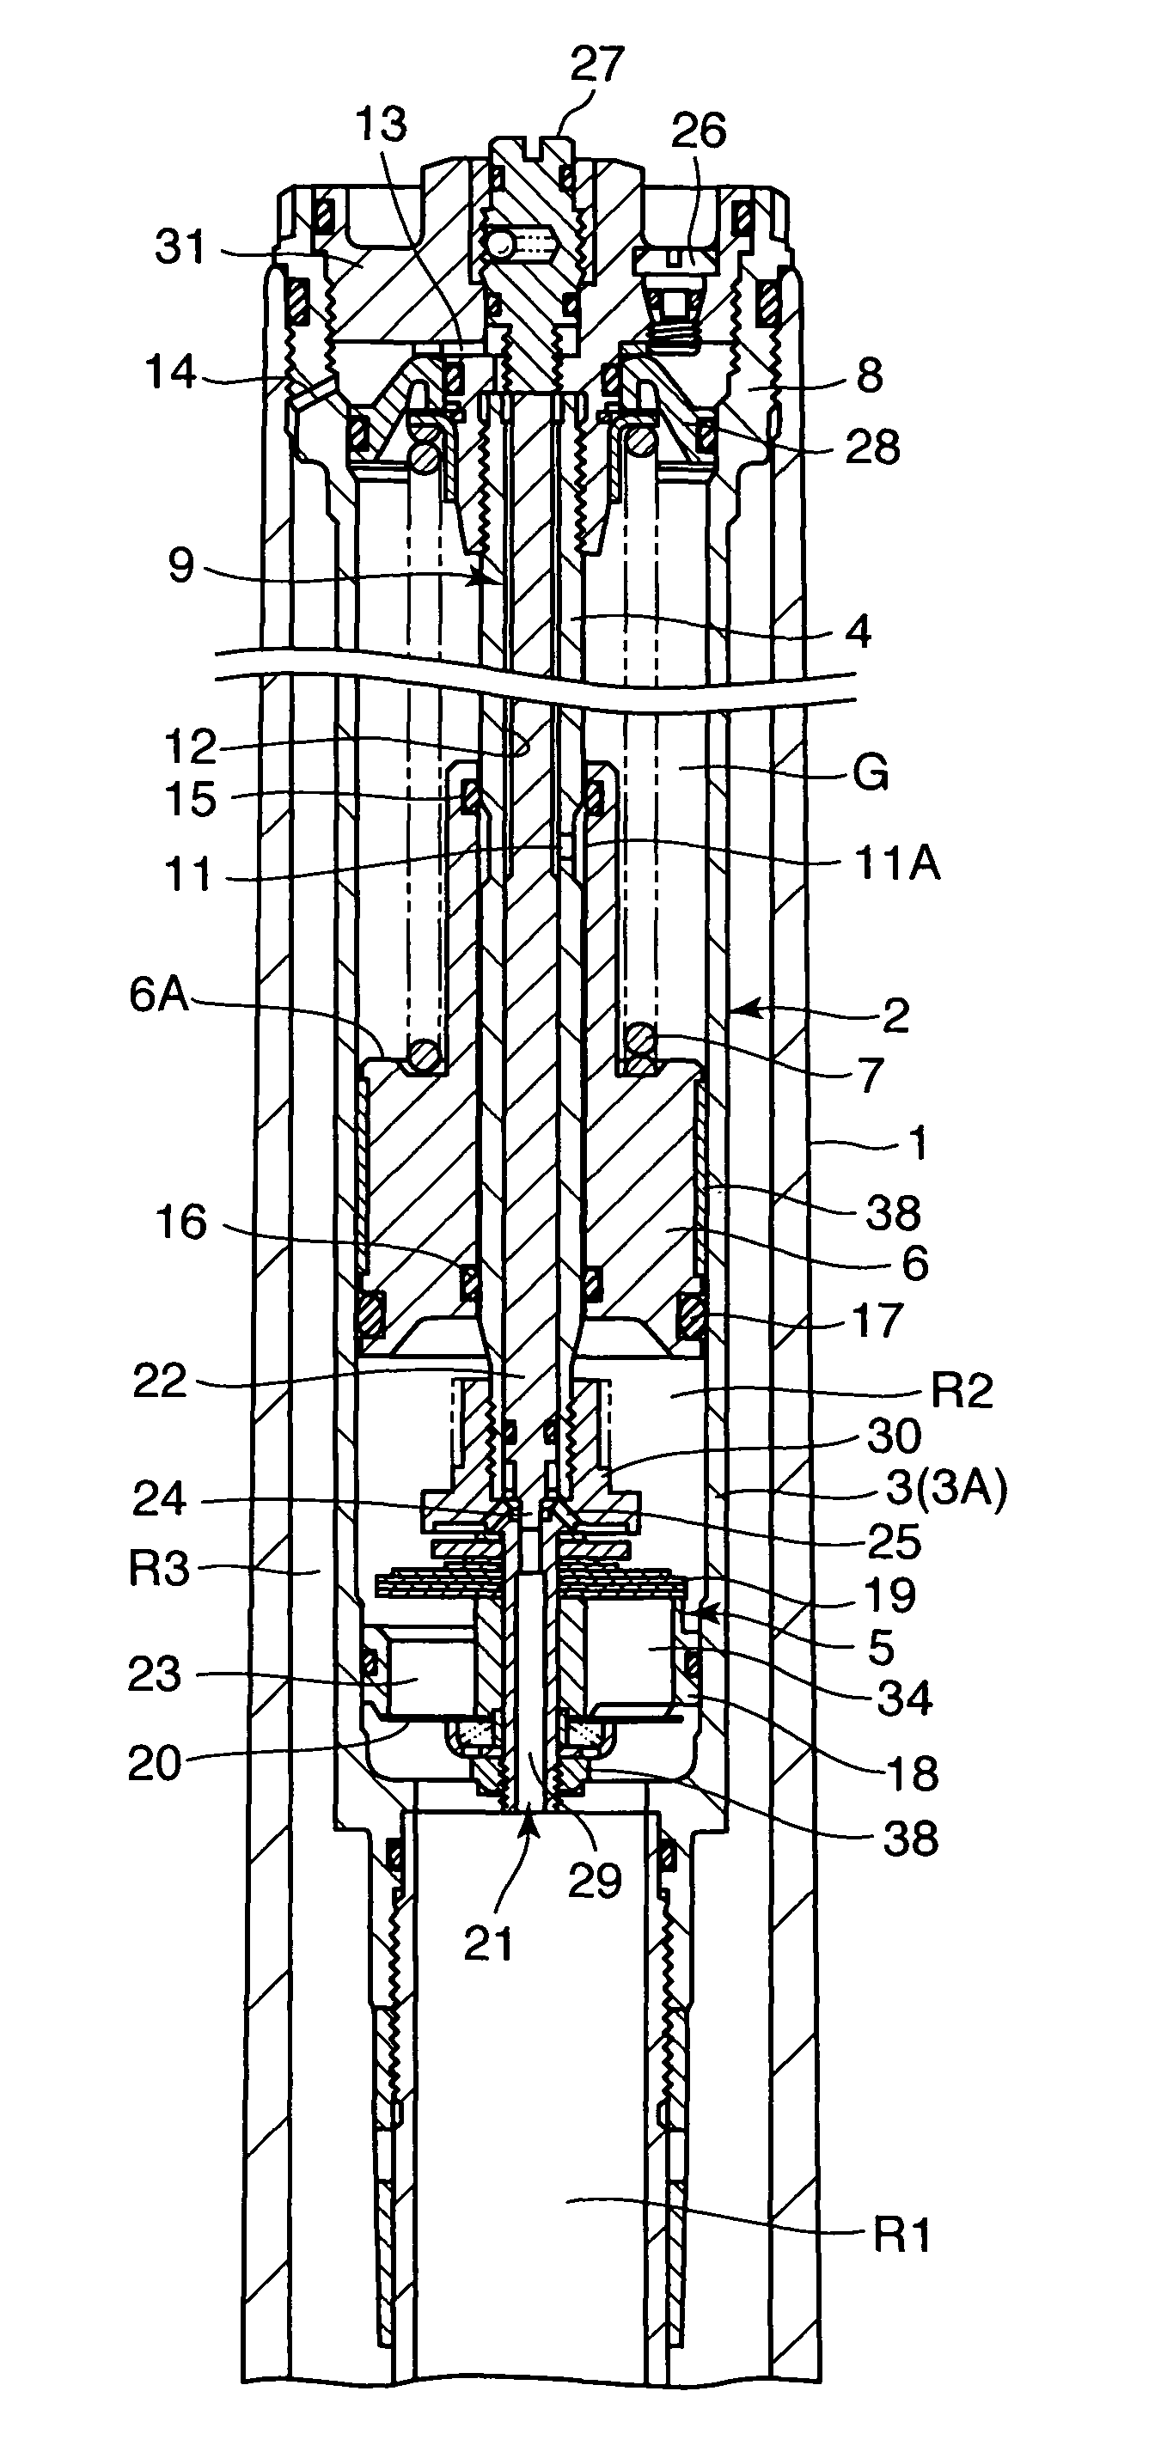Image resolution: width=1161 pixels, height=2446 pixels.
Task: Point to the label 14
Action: (x=171, y=373)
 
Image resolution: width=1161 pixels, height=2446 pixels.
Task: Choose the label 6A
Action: (x=160, y=998)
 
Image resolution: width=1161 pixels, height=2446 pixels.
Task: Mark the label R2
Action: (x=962, y=1391)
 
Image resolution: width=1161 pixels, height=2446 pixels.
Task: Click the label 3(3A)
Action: (x=946, y=1489)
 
